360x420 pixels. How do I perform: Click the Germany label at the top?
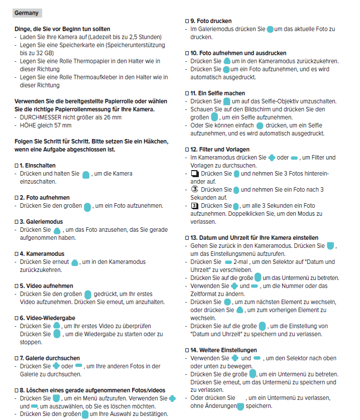(x=27, y=13)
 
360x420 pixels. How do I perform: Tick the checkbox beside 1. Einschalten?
(x=17, y=165)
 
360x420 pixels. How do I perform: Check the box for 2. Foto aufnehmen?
(x=17, y=198)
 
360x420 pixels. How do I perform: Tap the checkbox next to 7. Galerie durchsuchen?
(x=17, y=358)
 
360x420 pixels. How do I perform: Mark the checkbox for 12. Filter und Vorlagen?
(x=187, y=150)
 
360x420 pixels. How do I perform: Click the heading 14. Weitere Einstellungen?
(x=223, y=350)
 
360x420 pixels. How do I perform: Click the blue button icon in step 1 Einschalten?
(x=86, y=175)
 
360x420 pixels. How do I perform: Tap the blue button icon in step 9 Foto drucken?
(x=271, y=30)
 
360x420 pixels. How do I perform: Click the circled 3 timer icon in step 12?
(x=195, y=190)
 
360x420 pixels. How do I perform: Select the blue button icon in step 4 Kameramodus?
(x=75, y=262)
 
